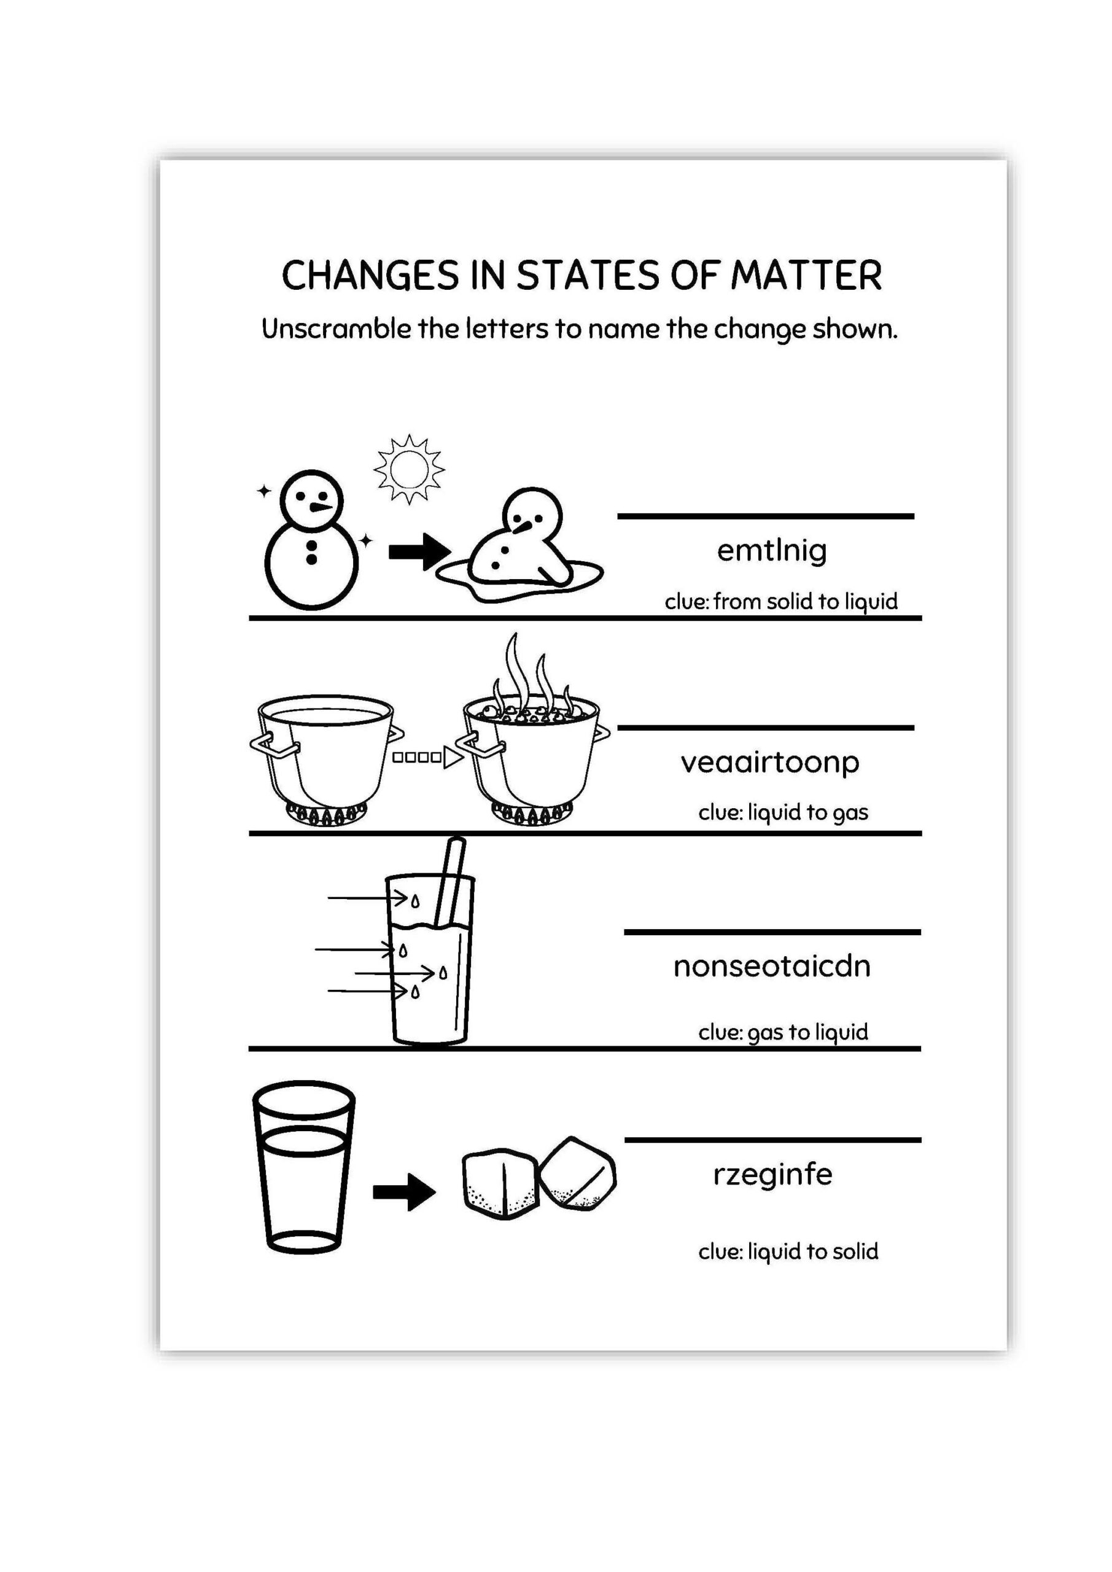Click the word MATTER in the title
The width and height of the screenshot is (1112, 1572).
pyautogui.click(x=806, y=276)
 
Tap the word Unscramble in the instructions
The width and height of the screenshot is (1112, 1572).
pyautogui.click(x=336, y=329)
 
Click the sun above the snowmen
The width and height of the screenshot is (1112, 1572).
pyautogui.click(x=409, y=470)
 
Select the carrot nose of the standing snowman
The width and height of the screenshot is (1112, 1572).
pyautogui.click(x=321, y=507)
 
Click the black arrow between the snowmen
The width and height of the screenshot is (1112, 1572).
pyautogui.click(x=419, y=551)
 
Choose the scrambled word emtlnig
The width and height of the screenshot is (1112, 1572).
pyautogui.click(x=772, y=550)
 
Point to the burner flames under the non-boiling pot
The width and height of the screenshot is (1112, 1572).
pyautogui.click(x=326, y=814)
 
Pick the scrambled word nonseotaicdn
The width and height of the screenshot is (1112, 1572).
pyautogui.click(x=772, y=966)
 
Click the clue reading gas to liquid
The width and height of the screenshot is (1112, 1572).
pyautogui.click(x=783, y=1032)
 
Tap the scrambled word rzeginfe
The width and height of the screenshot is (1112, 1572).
pyautogui.click(x=772, y=1174)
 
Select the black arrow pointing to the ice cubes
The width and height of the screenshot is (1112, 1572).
pyautogui.click(x=404, y=1192)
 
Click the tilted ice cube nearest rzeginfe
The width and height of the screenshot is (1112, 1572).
pyautogui.click(x=577, y=1173)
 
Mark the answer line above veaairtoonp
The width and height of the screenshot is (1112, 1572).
pyautogui.click(x=766, y=728)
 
